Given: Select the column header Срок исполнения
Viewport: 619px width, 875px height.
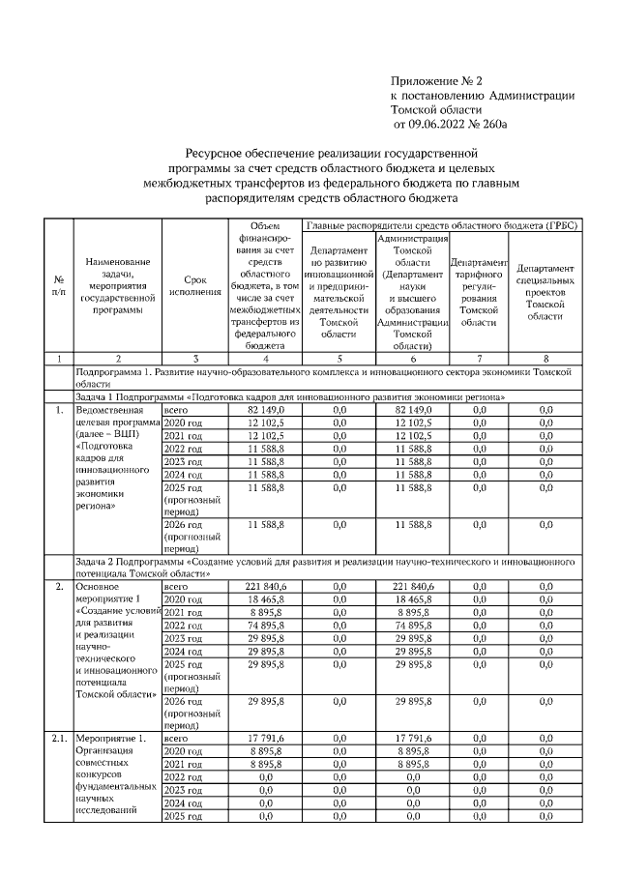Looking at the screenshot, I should pyautogui.click(x=195, y=283).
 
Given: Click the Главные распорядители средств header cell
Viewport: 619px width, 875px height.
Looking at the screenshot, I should pyautogui.click(x=441, y=224).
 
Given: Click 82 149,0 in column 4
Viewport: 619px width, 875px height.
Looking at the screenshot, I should pyautogui.click(x=266, y=410).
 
